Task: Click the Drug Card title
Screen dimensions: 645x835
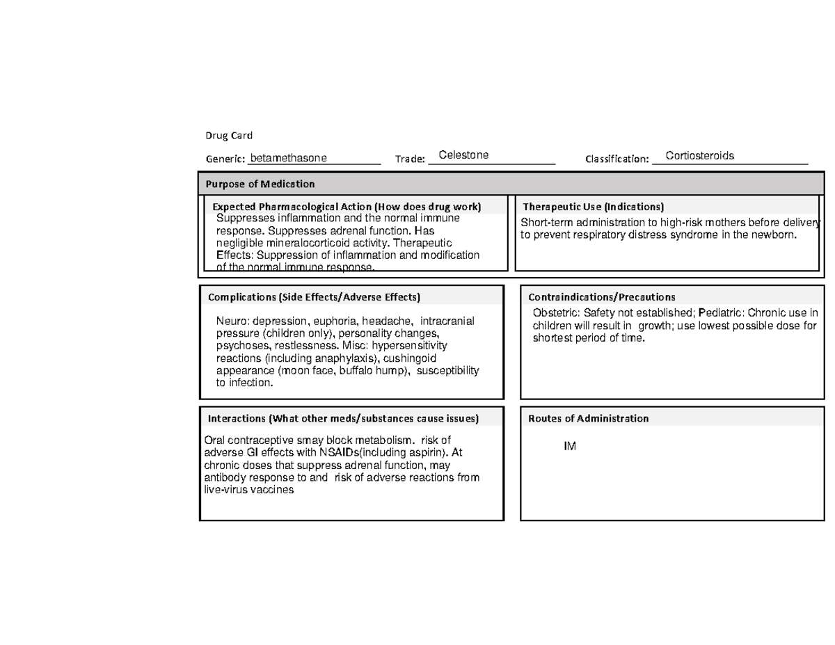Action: point(228,135)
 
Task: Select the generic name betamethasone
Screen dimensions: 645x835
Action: point(288,159)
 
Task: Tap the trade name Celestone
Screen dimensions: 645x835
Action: point(463,154)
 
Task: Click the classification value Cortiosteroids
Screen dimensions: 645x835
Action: point(699,156)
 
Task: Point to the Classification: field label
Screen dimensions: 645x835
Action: point(617,159)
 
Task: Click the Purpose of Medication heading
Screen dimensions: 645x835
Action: point(260,184)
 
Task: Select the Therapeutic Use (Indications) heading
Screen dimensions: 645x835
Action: point(593,207)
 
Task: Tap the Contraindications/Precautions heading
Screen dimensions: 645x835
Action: point(601,297)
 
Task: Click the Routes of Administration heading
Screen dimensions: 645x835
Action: point(588,418)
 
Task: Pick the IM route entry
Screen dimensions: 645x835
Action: point(570,446)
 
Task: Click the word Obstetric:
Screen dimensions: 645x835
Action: point(557,313)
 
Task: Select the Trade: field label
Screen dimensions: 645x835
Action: point(410,159)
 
